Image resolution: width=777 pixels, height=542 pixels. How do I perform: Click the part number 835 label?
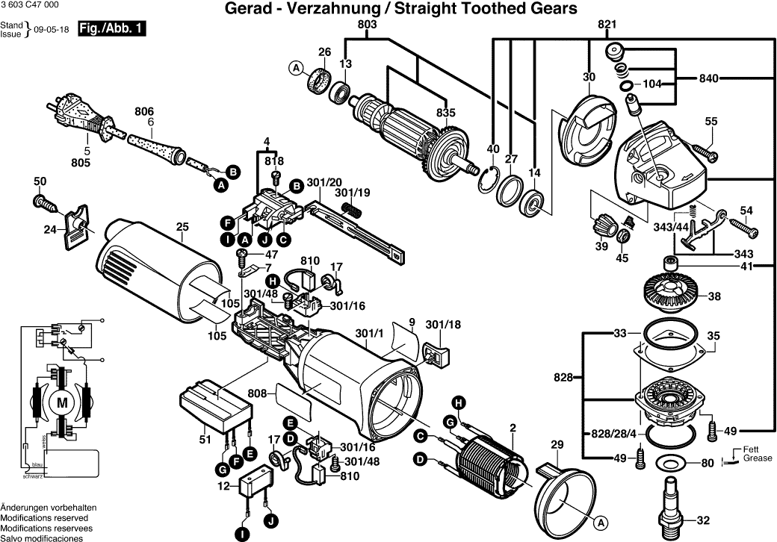click(x=446, y=112)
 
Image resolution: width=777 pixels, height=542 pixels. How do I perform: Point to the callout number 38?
click(x=714, y=296)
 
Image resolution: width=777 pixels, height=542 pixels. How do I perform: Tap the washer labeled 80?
click(x=670, y=463)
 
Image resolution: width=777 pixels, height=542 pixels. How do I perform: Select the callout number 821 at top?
click(x=607, y=25)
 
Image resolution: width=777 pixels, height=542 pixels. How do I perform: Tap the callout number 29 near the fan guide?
click(x=557, y=446)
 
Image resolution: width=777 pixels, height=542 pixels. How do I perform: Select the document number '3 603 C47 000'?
click(x=29, y=5)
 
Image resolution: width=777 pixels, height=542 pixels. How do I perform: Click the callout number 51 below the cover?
click(x=205, y=440)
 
